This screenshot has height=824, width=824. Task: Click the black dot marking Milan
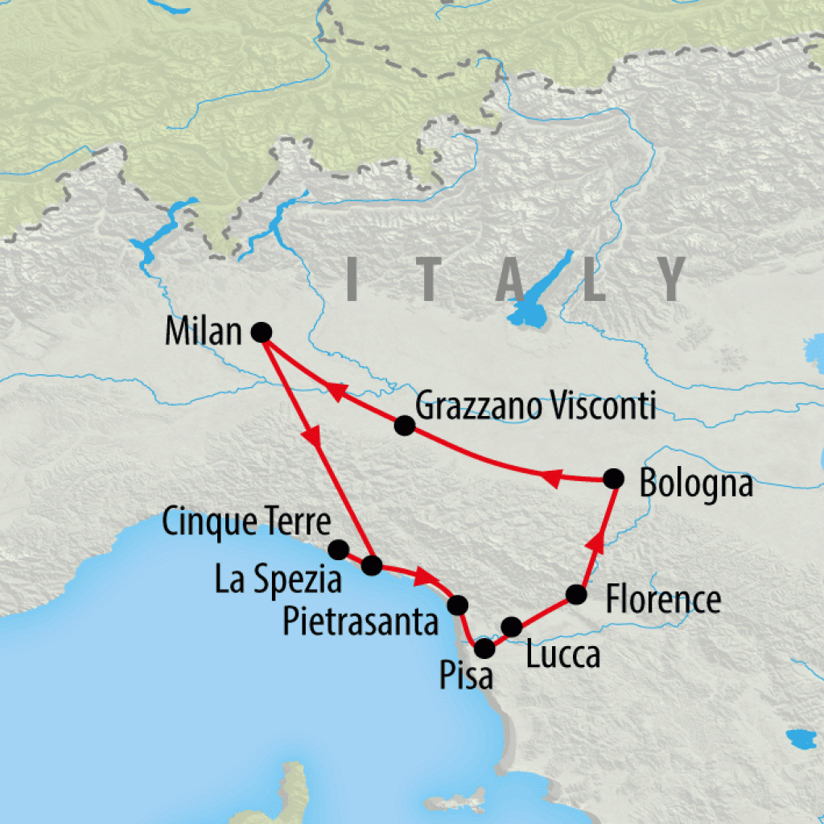click(x=259, y=332)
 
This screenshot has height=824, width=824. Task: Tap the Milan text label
click(x=202, y=332)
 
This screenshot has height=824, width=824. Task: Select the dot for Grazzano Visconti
click(x=405, y=426)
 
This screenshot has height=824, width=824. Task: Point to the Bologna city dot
click(x=614, y=478)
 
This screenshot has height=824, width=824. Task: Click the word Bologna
click(x=695, y=485)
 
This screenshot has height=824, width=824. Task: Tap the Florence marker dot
click(x=576, y=595)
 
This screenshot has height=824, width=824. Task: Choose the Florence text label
click(x=663, y=600)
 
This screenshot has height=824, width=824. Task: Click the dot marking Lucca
click(x=511, y=626)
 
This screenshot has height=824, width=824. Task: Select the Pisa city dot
click(x=484, y=648)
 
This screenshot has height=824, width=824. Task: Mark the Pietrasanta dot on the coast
click(x=456, y=604)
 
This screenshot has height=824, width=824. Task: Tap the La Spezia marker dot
click(x=371, y=566)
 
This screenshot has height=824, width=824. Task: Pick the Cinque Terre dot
click(x=339, y=550)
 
